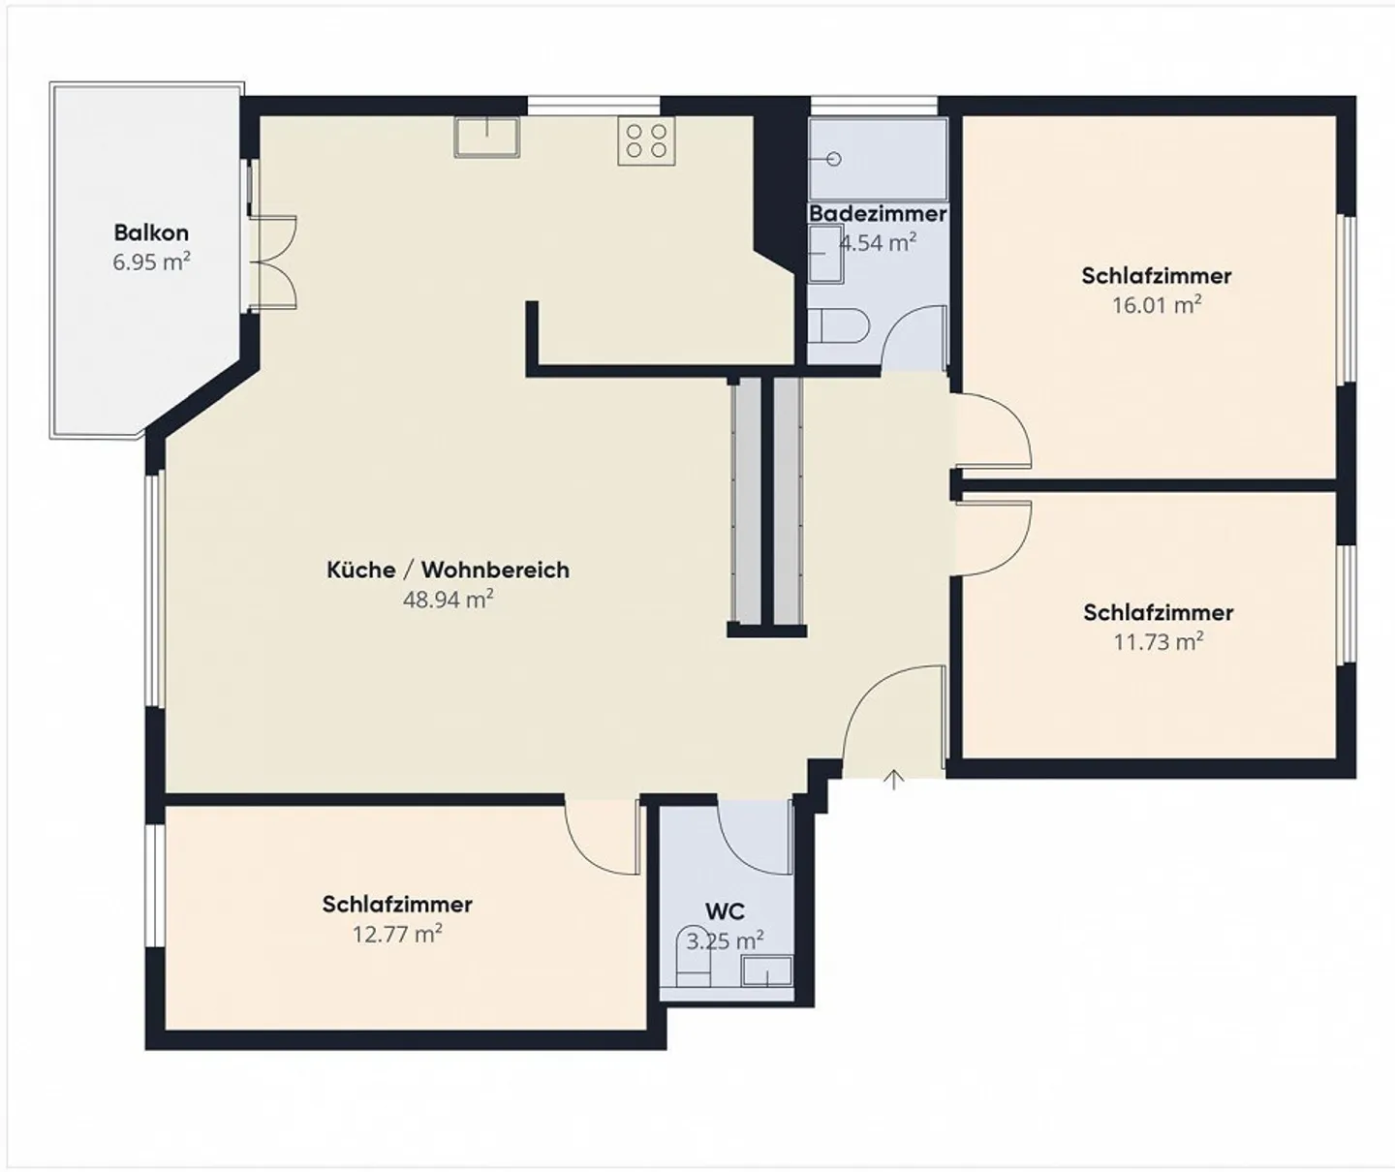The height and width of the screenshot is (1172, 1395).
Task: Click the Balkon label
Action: tap(151, 232)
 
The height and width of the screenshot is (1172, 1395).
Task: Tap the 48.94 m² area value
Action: tap(448, 600)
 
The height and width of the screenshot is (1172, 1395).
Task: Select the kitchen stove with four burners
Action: tap(646, 139)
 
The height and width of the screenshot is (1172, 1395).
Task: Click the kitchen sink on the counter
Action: tap(486, 137)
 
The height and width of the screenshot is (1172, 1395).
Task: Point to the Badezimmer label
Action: tap(878, 213)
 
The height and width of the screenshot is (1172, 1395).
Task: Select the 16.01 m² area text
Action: tap(1156, 305)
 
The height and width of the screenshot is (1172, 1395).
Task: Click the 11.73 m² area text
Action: tap(1158, 641)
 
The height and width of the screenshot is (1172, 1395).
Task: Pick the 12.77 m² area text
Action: tap(397, 935)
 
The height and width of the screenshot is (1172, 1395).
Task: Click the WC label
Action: tap(725, 911)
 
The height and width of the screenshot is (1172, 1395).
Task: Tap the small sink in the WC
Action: tap(766, 970)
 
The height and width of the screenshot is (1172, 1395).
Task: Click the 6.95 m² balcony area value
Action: tap(151, 262)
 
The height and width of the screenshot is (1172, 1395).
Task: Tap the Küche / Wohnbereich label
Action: tap(448, 570)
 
